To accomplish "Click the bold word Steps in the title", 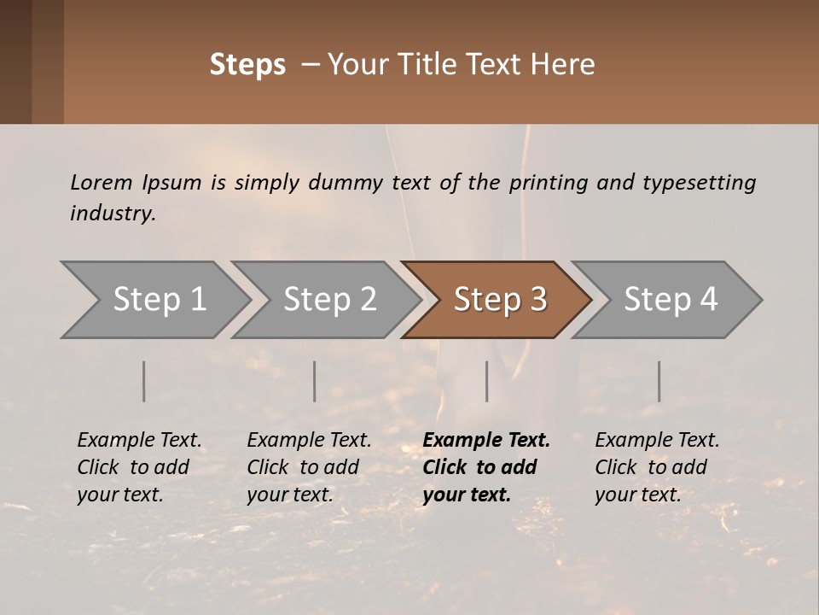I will click(247, 65).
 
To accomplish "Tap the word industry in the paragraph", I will click(113, 213).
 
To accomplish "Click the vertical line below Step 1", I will click(144, 381).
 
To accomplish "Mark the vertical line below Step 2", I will click(315, 381).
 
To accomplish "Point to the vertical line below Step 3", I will click(487, 381).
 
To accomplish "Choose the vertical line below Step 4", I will click(659, 381).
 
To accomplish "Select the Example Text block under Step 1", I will click(138, 467).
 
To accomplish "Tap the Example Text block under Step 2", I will click(309, 467).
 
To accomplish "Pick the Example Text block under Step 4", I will click(656, 467).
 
